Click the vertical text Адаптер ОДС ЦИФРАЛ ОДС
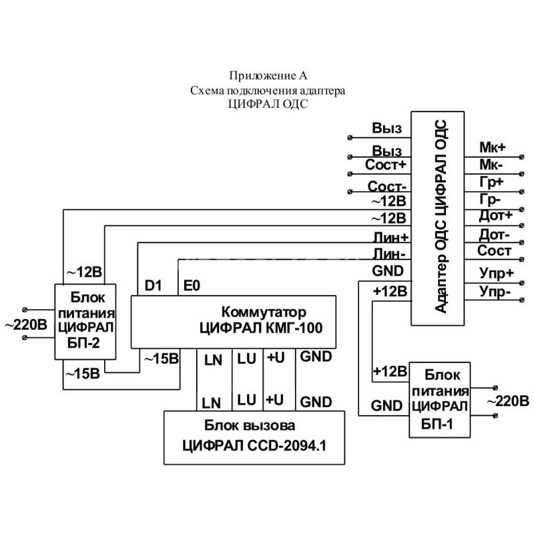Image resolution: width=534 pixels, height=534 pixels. click(441, 216)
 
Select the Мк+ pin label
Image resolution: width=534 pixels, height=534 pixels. click(493, 148)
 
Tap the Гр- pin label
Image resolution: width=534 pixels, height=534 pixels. click(490, 199)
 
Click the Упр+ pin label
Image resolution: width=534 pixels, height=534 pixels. click(496, 273)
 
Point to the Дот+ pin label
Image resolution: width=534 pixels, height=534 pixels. click(495, 215)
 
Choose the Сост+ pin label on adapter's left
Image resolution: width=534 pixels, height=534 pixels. click(386, 165)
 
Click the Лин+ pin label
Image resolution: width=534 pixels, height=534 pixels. click(390, 238)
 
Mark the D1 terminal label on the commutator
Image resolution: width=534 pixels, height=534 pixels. click(153, 286)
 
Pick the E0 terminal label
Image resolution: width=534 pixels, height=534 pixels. click(192, 286)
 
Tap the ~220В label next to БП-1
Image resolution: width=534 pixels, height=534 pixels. click(508, 401)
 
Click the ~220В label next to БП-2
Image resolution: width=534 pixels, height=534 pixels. click(26, 325)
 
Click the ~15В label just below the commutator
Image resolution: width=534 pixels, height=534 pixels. click(162, 358)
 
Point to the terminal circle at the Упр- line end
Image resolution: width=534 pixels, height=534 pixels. click(521, 300)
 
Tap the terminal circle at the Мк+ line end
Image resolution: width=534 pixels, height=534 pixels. click(521, 157)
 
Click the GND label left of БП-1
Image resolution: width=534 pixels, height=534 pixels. click(386, 406)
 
